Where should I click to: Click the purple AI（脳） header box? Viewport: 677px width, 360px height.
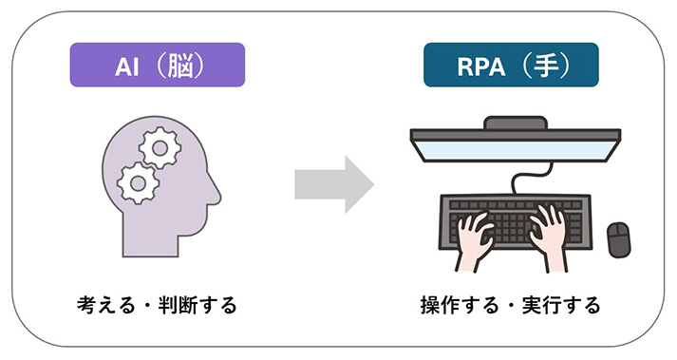[x=158, y=65]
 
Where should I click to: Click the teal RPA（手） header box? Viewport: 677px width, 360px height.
[x=511, y=65]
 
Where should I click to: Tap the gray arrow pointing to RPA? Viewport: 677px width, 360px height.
[x=334, y=184]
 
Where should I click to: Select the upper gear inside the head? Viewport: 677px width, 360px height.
[x=160, y=148]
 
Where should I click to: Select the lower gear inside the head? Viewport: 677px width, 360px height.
[x=139, y=183]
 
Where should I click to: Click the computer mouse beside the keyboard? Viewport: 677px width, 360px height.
[x=618, y=240]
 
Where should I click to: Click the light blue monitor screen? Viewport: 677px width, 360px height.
[x=515, y=150]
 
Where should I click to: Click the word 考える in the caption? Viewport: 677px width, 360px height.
[x=106, y=305]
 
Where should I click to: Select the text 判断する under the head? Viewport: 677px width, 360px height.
[x=197, y=305]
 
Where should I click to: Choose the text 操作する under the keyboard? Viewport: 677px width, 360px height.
[x=460, y=305]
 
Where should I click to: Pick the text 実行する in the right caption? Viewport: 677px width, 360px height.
[x=561, y=305]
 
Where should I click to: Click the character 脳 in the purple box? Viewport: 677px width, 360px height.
[x=180, y=66]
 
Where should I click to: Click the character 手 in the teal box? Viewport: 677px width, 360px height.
[x=546, y=66]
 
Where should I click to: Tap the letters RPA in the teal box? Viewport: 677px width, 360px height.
[x=481, y=67]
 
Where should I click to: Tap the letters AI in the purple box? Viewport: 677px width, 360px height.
[x=127, y=67]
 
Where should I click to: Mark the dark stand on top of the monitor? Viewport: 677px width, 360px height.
[x=515, y=123]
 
